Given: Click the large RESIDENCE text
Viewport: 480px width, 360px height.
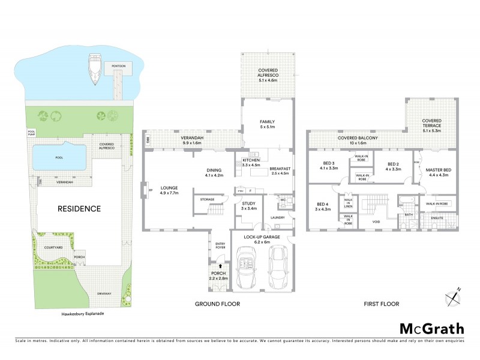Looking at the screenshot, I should click(79, 209).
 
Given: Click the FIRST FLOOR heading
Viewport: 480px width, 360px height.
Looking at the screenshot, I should click(381, 304).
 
